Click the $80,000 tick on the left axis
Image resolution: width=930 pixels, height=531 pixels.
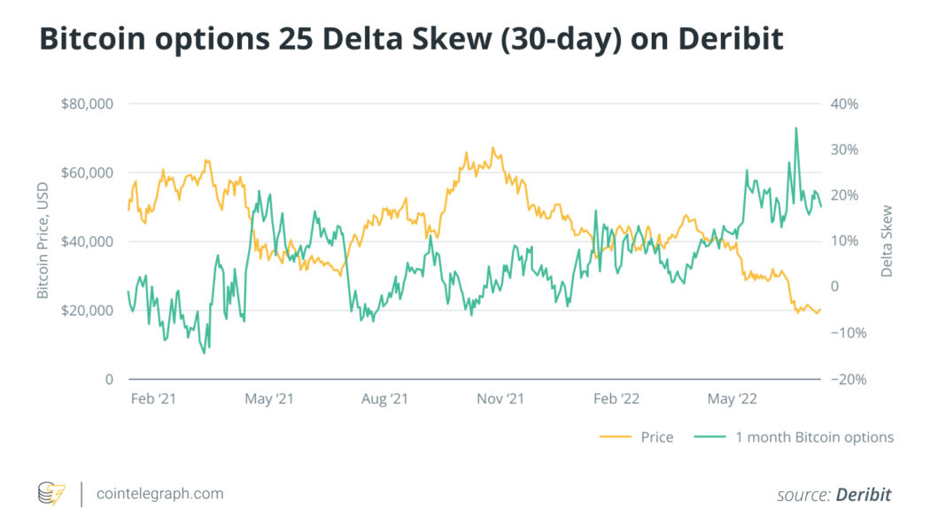(88, 104)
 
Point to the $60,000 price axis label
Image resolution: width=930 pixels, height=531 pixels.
(88, 173)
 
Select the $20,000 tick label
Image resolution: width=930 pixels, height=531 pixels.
(88, 311)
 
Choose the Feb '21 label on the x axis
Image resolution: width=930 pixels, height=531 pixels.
(153, 399)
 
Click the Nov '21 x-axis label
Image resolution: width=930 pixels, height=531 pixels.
(500, 399)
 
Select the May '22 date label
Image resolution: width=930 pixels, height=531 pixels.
(733, 399)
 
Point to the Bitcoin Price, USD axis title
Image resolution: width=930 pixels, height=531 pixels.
(43, 242)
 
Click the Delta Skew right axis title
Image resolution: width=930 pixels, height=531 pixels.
(887, 242)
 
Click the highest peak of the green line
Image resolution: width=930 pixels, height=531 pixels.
(795, 128)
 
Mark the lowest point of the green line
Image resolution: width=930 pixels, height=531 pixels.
(204, 353)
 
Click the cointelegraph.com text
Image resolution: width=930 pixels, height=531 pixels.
(159, 494)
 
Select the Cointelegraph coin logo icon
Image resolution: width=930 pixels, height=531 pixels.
(51, 494)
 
